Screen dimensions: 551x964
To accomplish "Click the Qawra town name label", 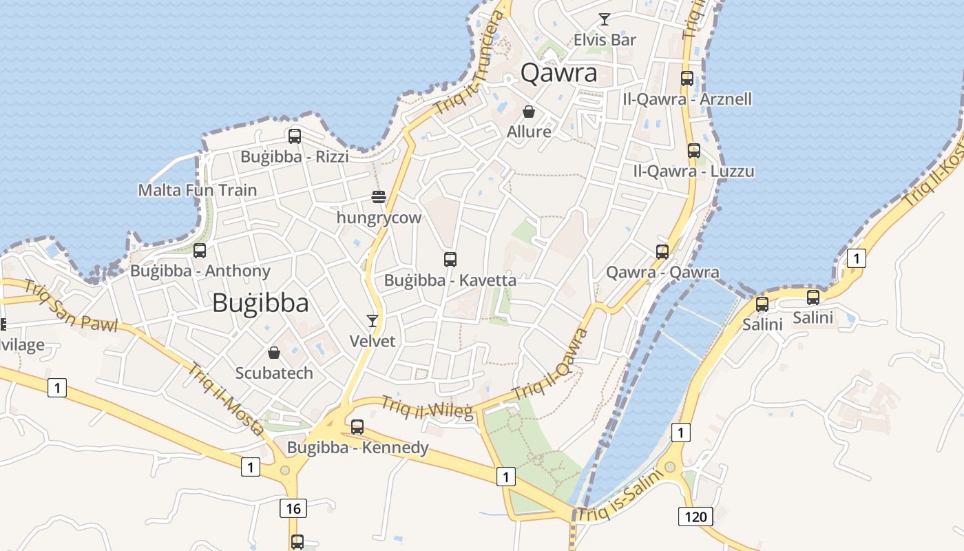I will [558, 72].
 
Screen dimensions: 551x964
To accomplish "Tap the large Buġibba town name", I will [260, 302].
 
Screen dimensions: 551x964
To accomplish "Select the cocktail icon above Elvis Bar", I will [604, 19].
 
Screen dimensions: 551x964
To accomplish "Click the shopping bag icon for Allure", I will [529, 112].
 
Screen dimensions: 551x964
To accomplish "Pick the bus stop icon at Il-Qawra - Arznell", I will [687, 79].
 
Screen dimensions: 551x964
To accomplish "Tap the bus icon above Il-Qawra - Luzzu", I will [693, 151].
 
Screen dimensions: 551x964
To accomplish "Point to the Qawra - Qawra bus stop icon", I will [662, 252].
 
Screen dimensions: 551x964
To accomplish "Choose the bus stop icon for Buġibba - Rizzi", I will [295, 136].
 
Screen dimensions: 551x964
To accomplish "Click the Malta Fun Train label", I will [198, 190].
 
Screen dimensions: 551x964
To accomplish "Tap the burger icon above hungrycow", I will [378, 197].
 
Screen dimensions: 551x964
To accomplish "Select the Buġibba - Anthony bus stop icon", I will [200, 251].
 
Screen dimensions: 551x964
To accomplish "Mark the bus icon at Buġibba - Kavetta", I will [450, 260].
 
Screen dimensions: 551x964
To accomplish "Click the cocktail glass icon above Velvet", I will [373, 320].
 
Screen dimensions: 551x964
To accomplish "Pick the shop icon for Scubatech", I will [274, 353].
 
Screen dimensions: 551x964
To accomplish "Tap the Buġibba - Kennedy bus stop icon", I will [357, 427].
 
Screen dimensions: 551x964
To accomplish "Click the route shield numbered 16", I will [293, 509].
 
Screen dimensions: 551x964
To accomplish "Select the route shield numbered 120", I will [695, 516].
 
